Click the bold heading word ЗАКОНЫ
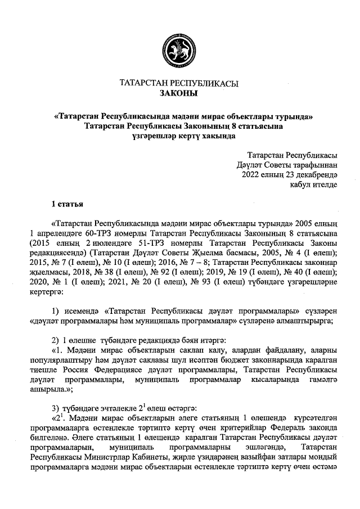tap(179, 93)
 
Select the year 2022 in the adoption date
tap(253, 174)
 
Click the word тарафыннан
tap(310, 165)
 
